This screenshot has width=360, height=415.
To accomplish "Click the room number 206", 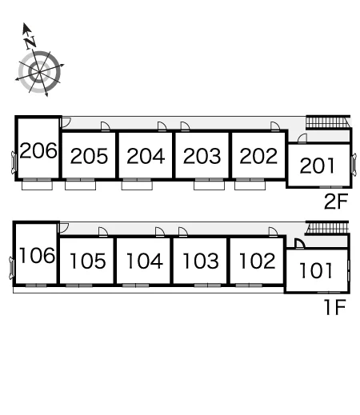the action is click(38, 150).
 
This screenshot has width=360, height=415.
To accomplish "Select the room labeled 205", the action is click(89, 156).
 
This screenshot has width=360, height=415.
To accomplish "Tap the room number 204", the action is click(146, 156).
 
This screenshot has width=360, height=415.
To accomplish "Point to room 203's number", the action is click(202, 156).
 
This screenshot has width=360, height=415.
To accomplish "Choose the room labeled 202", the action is click(258, 156).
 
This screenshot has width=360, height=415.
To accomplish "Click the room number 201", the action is click(318, 166).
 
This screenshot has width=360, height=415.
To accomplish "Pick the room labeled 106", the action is click(37, 256).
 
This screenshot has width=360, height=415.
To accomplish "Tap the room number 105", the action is click(88, 261).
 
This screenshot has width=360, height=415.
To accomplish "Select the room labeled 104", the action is click(144, 261).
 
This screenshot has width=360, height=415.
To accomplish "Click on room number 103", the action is click(201, 261).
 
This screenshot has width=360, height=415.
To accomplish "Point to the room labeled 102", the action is click(258, 261).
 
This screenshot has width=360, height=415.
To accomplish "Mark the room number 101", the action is click(316, 270).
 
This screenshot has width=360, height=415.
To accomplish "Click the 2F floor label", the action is click(336, 202).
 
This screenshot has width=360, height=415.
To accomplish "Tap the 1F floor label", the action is click(335, 307).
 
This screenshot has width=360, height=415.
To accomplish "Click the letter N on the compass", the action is click(30, 42).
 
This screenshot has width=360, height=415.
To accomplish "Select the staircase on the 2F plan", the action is click(328, 122).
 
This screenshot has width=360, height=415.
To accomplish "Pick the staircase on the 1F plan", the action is click(327, 228).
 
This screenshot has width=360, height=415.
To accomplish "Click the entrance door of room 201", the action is click(302, 138).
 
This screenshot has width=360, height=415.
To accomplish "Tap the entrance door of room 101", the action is click(300, 244).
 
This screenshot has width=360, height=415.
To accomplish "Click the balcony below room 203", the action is click(209, 186).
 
